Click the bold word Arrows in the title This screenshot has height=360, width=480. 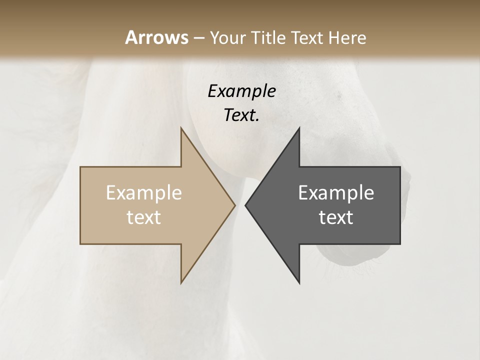coord(156,37)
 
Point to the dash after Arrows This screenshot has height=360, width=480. coord(198,38)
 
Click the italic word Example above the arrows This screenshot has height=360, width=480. coord(241,91)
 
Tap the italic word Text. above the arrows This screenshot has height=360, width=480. coord(241,115)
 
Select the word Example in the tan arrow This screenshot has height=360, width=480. coord(143,193)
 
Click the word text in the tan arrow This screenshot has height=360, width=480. coord(143,217)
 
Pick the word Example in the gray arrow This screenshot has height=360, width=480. coord(336,193)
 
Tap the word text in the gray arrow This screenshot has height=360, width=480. coord(336,217)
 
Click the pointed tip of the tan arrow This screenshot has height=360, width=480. coord(235,205)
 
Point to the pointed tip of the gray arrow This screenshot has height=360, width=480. coord(245,205)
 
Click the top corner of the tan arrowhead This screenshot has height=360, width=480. coord(181,128)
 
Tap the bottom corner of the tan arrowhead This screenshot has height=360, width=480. coord(181,282)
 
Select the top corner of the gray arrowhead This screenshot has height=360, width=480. coord(299,128)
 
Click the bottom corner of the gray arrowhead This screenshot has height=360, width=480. coord(299,282)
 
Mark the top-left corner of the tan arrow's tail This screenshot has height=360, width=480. coord(80,167)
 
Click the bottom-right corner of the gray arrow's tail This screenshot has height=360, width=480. coord(400,244)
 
